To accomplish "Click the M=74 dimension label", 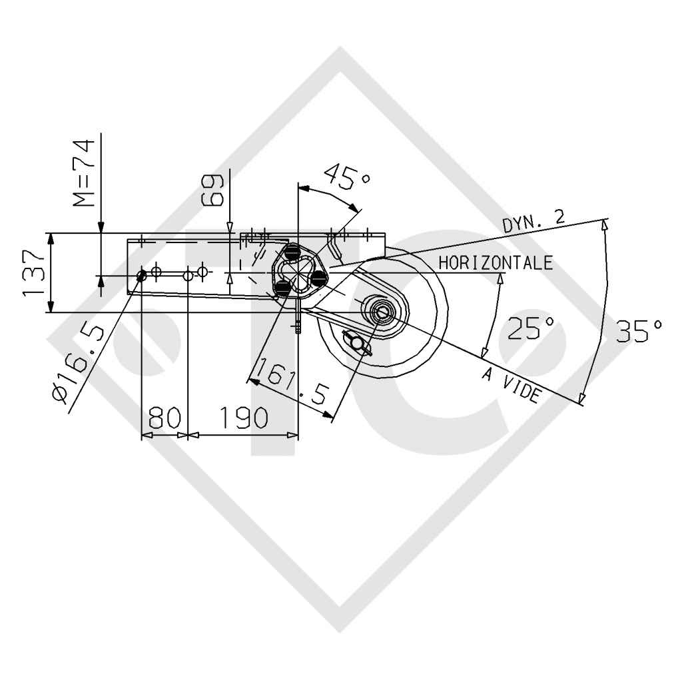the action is point(83,172).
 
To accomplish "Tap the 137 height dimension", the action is point(33,272).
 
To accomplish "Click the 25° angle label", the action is point(531,328).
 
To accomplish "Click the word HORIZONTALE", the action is point(496,262).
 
